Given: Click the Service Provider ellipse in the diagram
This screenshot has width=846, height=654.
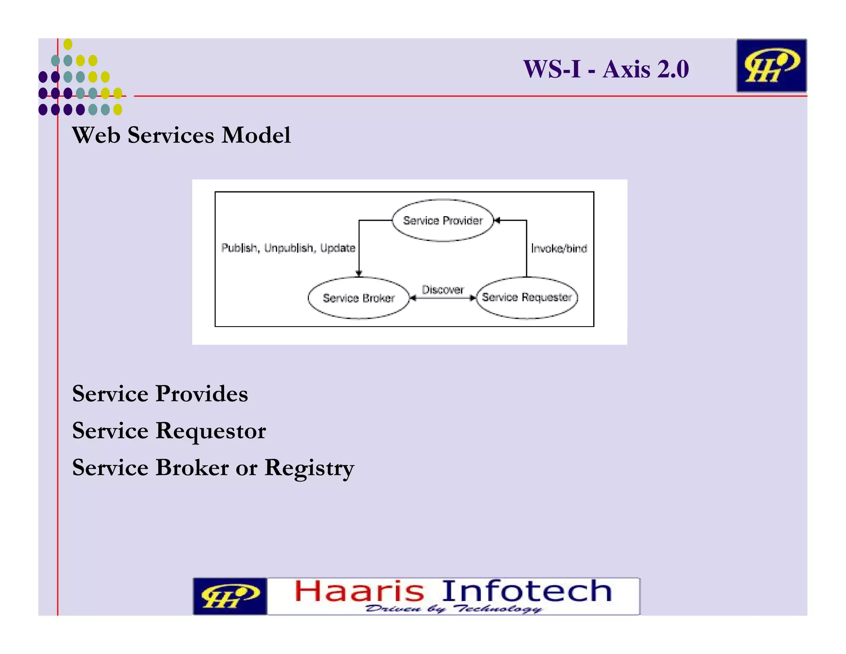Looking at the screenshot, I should pyautogui.click(x=442, y=220).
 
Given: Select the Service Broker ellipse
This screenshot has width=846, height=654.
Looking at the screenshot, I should pyautogui.click(x=358, y=298).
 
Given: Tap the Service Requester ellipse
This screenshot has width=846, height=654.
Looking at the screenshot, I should pyautogui.click(x=527, y=298).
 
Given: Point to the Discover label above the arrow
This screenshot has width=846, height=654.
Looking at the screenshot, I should pyautogui.click(x=442, y=289).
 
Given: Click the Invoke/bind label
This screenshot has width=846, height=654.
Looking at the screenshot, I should pyautogui.click(x=559, y=248).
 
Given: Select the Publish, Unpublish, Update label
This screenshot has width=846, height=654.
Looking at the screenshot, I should pyautogui.click(x=288, y=248).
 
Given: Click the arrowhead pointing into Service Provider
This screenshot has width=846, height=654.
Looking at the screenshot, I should pyautogui.click(x=497, y=221).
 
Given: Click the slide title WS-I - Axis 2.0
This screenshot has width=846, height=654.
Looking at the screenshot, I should pyautogui.click(x=606, y=69).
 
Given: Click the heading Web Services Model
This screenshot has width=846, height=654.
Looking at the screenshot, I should pyautogui.click(x=181, y=135).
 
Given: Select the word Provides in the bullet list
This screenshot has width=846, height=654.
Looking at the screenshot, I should pyautogui.click(x=202, y=393).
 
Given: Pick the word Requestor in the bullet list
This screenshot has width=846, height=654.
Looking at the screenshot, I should pyautogui.click(x=211, y=430).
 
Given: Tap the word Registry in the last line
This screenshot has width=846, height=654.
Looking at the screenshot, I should pyautogui.click(x=309, y=468).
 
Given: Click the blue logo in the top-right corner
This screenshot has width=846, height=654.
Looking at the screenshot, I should pyautogui.click(x=771, y=65).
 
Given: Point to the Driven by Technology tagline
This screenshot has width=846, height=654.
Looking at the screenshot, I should pyautogui.click(x=453, y=609).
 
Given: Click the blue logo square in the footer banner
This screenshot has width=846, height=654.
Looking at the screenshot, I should pyautogui.click(x=230, y=596).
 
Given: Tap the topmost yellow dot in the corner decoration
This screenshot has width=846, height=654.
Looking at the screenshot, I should pyautogui.click(x=68, y=44).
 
